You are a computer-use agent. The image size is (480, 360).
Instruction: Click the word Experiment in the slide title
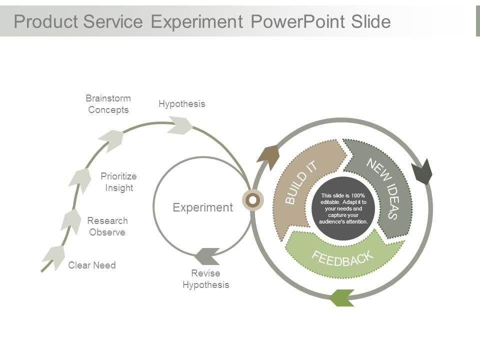click(197, 22)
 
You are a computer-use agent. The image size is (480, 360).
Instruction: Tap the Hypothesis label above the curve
click(182, 104)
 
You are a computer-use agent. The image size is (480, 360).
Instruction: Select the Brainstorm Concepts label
click(108, 104)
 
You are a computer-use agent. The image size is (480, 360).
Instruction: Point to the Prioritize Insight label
click(119, 182)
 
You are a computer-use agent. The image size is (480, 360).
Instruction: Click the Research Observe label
click(107, 226)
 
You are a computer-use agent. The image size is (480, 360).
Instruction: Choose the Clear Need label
click(92, 265)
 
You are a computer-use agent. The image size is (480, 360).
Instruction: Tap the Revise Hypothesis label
click(206, 279)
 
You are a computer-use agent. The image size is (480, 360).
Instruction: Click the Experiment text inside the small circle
click(202, 207)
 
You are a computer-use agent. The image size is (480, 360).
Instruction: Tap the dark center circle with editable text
click(343, 208)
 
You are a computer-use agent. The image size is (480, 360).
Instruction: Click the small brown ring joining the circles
click(252, 200)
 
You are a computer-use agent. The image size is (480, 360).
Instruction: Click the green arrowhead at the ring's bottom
click(342, 298)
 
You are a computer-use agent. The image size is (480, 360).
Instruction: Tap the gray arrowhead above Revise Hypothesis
click(207, 256)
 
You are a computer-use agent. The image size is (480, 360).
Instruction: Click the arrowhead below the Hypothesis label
click(180, 125)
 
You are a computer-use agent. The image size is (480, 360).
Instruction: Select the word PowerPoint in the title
click(297, 22)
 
